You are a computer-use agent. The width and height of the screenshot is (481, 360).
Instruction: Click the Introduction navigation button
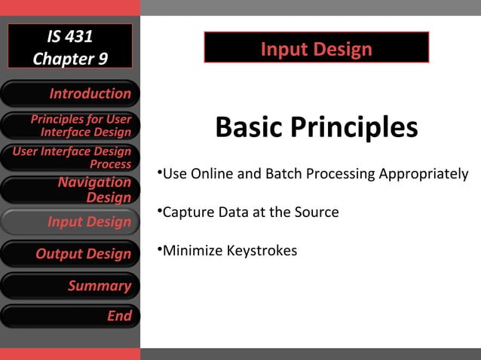[70, 94]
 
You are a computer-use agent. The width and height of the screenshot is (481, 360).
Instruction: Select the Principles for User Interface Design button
[70, 126]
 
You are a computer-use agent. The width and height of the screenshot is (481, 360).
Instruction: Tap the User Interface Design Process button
[70, 158]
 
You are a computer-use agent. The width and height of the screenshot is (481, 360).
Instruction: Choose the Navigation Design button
[70, 190]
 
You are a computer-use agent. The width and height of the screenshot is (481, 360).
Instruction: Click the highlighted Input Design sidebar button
[70, 222]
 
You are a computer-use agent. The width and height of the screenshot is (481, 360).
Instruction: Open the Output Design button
[70, 254]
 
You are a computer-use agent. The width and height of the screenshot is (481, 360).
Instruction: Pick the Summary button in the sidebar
[70, 285]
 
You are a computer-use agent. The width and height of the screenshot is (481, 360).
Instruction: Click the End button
[70, 316]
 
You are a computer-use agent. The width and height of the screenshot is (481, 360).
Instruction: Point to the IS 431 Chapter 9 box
[70, 47]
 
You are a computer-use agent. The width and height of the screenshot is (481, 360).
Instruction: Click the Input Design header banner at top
[316, 49]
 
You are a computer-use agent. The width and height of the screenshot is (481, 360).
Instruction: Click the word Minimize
[193, 250]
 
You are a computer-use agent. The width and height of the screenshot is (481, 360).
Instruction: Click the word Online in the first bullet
[212, 174]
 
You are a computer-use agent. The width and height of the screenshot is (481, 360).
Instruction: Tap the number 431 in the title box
[82, 36]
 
